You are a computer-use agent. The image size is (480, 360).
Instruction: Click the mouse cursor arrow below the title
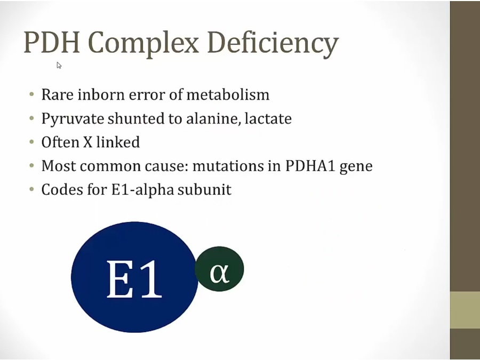(x=59, y=65)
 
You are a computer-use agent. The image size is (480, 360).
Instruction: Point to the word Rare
(x=58, y=94)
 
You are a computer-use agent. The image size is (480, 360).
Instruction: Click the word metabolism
(x=228, y=94)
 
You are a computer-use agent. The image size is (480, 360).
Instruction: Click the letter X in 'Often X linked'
(x=87, y=142)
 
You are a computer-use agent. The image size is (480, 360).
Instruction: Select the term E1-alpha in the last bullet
(x=142, y=190)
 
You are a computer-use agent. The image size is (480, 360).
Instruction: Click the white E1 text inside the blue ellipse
(x=134, y=278)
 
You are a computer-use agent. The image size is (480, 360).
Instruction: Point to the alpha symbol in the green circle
(x=219, y=273)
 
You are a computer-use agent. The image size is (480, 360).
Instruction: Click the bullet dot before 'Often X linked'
(x=32, y=142)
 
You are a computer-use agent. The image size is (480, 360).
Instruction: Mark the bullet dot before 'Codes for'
(x=32, y=189)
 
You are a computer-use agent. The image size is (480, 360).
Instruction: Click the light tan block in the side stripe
(x=465, y=310)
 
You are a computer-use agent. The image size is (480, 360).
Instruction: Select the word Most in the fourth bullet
(x=59, y=166)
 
